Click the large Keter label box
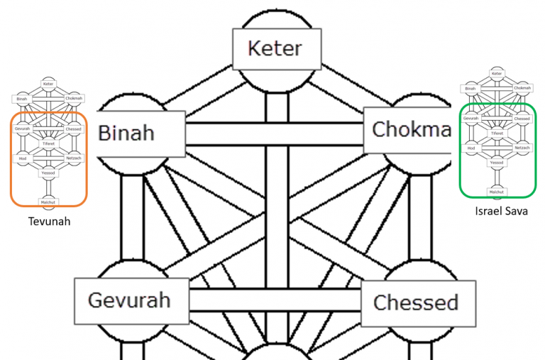(x=274, y=49)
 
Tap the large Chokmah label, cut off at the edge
(x=409, y=129)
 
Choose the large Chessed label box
(x=415, y=302)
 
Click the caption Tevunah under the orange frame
(x=49, y=222)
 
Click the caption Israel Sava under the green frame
(x=501, y=212)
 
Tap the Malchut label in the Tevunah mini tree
(x=48, y=202)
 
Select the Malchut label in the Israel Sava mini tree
(x=497, y=191)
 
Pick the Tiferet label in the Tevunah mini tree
(x=48, y=143)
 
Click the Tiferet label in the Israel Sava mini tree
(x=497, y=133)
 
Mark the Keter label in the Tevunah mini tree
(x=48, y=84)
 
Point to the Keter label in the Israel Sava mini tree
(x=497, y=74)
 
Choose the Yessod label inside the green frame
(x=497, y=162)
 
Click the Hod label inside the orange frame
(x=23, y=158)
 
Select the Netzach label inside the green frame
(x=522, y=147)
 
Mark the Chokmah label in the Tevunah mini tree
(x=74, y=98)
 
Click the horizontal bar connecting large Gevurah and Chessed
(x=274, y=300)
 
